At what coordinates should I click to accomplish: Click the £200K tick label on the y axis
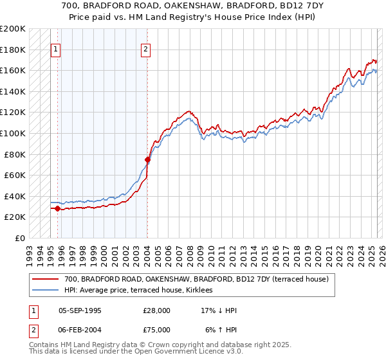click(x=13, y=29)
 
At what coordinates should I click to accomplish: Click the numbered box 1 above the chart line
click(x=55, y=49)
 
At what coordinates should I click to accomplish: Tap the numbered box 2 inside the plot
click(x=146, y=49)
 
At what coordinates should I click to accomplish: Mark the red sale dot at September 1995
click(x=58, y=208)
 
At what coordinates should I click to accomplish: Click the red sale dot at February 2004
click(x=147, y=159)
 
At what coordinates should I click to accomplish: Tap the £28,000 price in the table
click(x=157, y=310)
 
